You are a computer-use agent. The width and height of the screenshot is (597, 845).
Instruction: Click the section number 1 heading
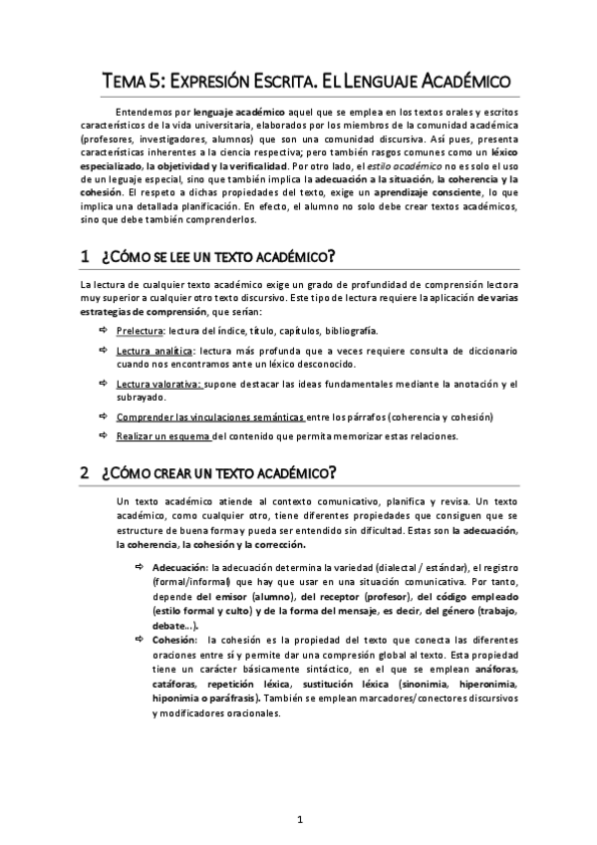coord(85,257)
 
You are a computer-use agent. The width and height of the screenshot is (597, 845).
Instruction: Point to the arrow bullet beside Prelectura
coord(104,330)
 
